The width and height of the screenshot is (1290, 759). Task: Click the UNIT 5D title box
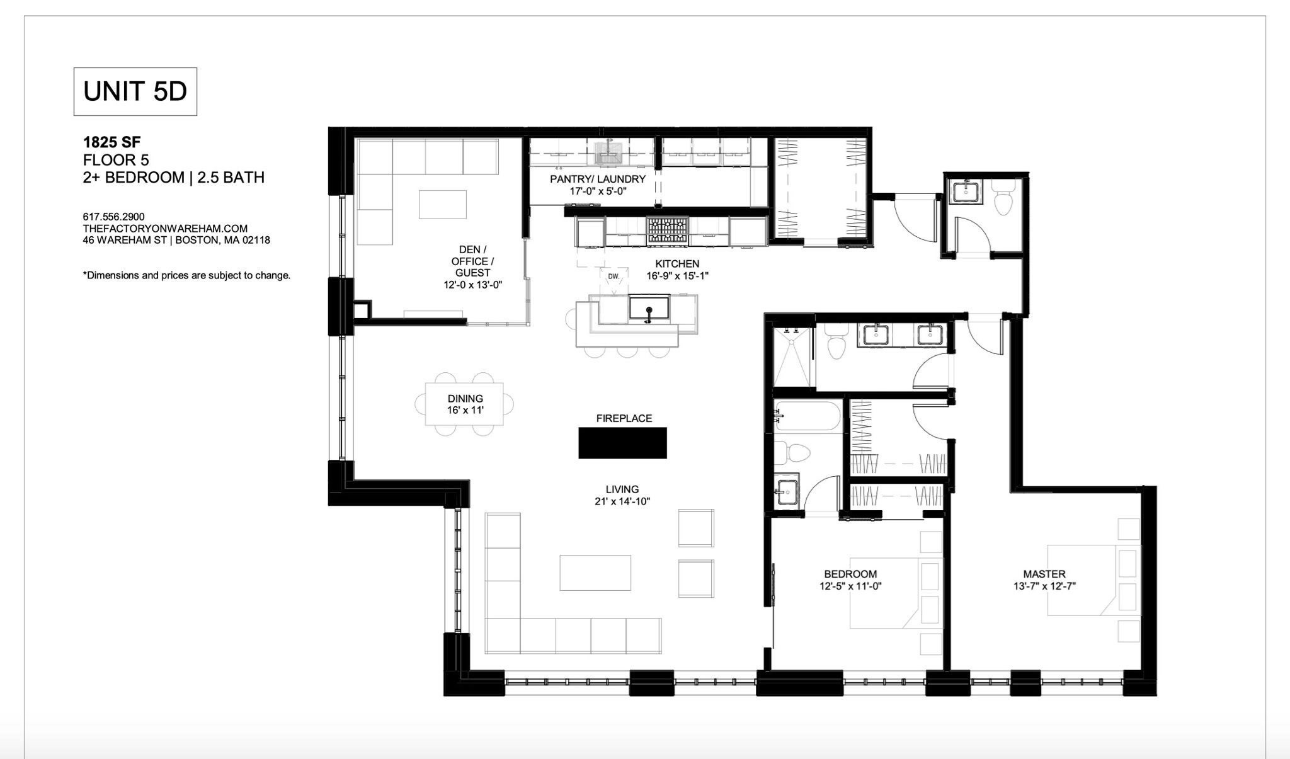tap(135, 91)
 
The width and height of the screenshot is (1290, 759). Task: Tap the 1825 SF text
tap(111, 143)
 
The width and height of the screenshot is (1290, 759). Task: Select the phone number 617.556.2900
tap(113, 217)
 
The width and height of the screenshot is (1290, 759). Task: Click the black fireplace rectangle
tap(622, 443)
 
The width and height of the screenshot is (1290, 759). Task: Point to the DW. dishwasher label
tap(614, 277)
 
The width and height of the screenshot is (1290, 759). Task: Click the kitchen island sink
tap(649, 309)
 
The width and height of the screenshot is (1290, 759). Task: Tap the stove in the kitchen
tap(668, 231)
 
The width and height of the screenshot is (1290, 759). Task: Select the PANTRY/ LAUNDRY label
tap(598, 185)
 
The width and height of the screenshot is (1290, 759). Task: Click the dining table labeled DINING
tap(465, 404)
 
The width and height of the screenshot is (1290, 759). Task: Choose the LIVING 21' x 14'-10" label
tap(622, 495)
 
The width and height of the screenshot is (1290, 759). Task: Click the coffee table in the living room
tap(595, 572)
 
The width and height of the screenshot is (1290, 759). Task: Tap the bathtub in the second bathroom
tap(808, 416)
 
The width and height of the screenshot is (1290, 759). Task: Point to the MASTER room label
tap(1044, 579)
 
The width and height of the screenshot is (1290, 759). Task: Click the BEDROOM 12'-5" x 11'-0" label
tap(850, 579)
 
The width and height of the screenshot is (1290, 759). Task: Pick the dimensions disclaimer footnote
tap(186, 275)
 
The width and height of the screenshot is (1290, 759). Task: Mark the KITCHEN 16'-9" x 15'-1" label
tap(677, 270)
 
